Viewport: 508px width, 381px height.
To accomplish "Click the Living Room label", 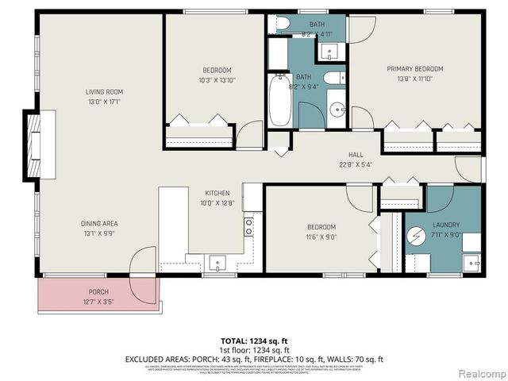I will coord(104,91).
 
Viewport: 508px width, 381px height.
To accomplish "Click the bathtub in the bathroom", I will coord(280,101).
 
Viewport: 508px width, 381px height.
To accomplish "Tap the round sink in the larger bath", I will coord(336,110).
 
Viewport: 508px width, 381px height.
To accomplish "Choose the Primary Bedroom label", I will coord(414,69).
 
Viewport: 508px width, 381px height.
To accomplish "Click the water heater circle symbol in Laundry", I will coord(418,237).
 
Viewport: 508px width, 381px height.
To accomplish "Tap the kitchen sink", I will coord(217,263).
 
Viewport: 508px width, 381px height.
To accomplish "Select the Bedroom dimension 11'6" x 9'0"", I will coord(321,236).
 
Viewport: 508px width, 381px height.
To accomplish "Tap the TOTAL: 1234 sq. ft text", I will coord(252,340).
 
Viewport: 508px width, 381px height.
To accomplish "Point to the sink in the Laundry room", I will coord(471,263).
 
